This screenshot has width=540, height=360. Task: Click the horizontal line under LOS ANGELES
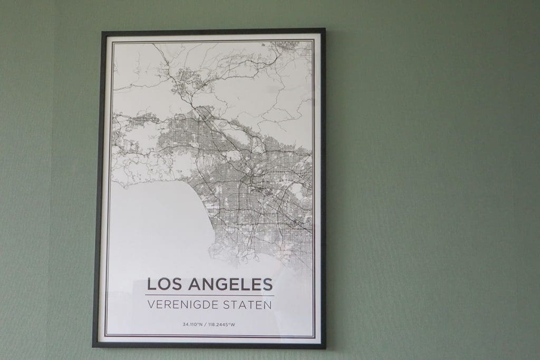point(210,295)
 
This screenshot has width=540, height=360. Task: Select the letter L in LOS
point(151,284)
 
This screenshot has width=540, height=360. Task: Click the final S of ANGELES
point(268,284)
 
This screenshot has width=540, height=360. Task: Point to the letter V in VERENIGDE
point(152,304)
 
